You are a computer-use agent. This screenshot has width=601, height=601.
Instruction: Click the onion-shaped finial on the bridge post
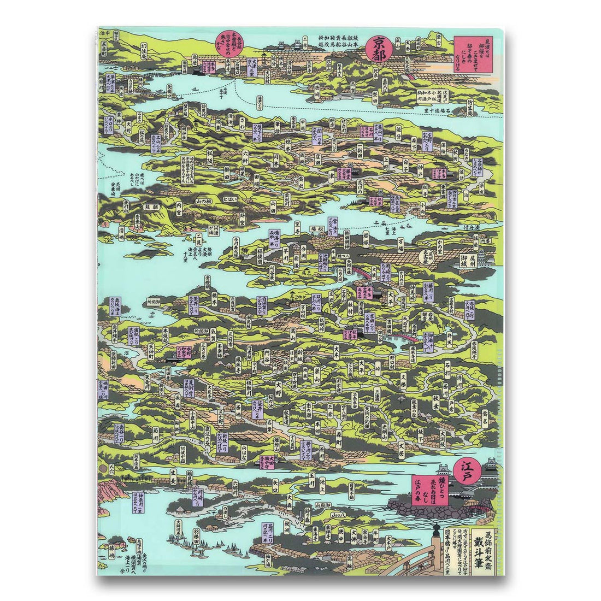pyautogui.click(x=435, y=527)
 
